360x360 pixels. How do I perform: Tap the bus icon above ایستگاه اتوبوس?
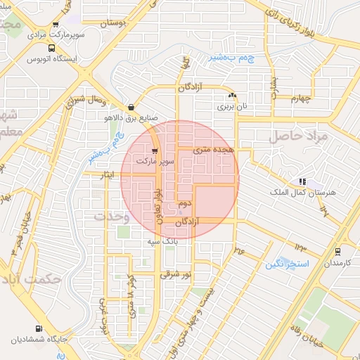(51, 49)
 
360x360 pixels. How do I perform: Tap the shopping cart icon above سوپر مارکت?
(155, 151)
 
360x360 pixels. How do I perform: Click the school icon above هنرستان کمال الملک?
(302, 181)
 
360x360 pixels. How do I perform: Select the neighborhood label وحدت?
(112, 217)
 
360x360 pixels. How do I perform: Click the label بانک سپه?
(160, 241)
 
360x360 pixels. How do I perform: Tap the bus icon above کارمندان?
(338, 252)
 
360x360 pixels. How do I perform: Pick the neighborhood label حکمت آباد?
(32, 279)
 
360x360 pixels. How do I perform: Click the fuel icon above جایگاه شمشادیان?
(37, 328)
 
